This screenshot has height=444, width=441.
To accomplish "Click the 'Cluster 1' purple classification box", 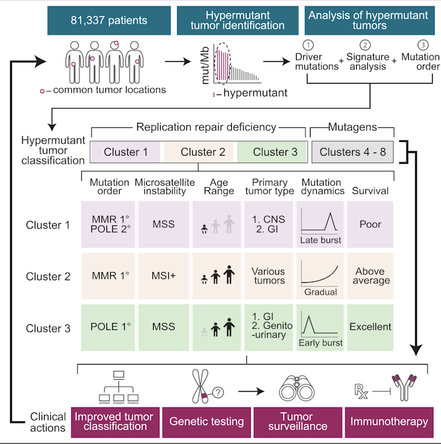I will point(127,152).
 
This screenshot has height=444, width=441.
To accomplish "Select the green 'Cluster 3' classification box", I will point(271,152).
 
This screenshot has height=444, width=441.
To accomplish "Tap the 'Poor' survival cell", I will point(370,224).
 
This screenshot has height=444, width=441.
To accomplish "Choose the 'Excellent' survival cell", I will point(370,327).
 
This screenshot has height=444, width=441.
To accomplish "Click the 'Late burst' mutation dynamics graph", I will point(321,224).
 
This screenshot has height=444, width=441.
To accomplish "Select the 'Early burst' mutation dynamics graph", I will point(321,327).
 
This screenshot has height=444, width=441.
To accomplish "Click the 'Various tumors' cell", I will point(269,276).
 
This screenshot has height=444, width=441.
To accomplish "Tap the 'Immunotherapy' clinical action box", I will point(386,420).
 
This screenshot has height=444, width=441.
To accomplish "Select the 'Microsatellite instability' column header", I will point(161,187).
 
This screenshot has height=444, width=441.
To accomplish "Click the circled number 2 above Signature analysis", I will point(365,45).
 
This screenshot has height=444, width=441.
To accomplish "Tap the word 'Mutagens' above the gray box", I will point(353,127).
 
